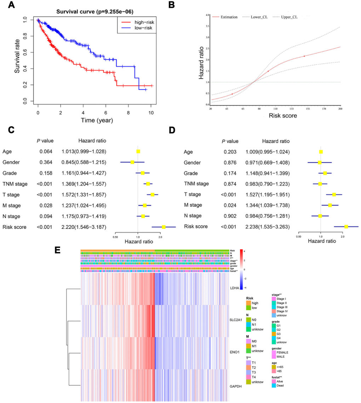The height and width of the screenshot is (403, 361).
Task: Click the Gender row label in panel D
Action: tap(192, 163)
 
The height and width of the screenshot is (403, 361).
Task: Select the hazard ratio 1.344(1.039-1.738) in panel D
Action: tap(267, 205)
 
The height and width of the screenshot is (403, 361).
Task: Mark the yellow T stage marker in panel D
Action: tap(334, 195)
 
